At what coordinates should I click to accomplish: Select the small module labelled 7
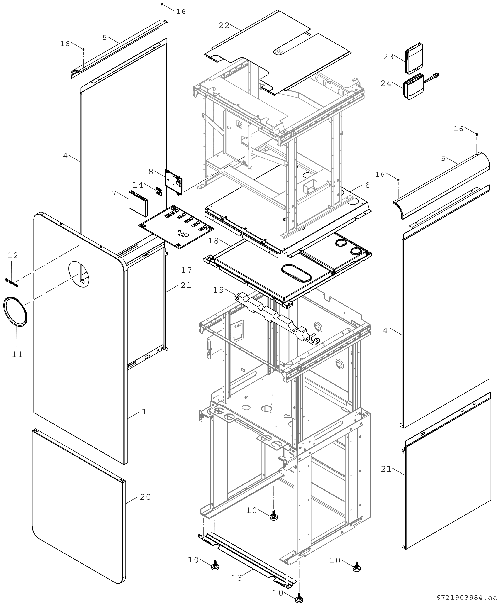coord(139,203)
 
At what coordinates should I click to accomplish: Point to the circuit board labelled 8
coord(174,182)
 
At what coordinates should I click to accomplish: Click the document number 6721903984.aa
coord(466,598)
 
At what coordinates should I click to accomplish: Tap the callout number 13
coord(237,578)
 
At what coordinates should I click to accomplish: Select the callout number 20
coord(145,497)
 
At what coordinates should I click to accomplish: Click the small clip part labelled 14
coord(159,191)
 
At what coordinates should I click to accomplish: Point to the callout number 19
coord(218,290)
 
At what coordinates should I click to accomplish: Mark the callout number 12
coord(13,255)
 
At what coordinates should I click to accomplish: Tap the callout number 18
coord(213,241)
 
